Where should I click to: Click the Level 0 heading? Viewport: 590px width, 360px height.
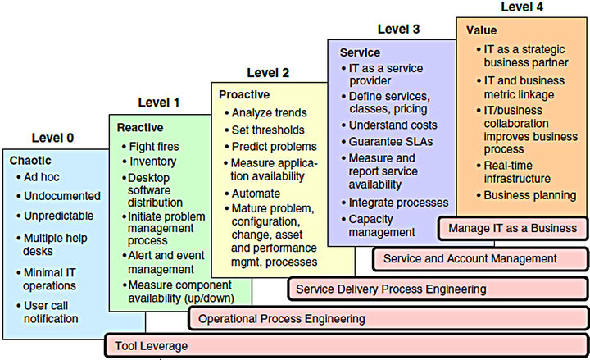[x=52, y=138]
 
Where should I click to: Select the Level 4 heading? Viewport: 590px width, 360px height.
[x=522, y=7]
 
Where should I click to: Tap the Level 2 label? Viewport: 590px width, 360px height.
[x=268, y=73]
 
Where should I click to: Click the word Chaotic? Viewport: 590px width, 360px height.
[x=30, y=161]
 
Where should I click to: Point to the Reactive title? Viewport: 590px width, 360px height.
[x=140, y=128]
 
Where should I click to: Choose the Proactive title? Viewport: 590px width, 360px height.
[x=244, y=94]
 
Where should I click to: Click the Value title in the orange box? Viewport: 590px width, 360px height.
[x=481, y=30]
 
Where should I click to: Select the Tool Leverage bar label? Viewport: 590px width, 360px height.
[x=152, y=346]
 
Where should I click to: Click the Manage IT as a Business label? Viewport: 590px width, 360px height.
[x=512, y=228]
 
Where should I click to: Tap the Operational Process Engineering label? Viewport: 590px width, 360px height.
[x=281, y=318]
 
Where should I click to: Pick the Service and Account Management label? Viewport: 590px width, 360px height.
[x=470, y=258]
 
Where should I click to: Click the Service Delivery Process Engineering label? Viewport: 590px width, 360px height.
[x=391, y=289]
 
